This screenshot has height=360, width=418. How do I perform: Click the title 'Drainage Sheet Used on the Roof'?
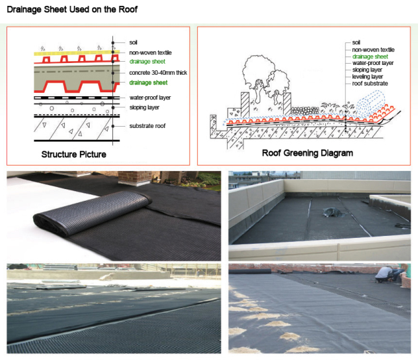pyautogui.click(x=72, y=10)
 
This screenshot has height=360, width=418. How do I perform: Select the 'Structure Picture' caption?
pyautogui.click(x=74, y=155)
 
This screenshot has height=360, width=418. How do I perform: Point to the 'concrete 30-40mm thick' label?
pyautogui.click(x=158, y=72)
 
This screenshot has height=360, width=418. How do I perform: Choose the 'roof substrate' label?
pyautogui.click(x=370, y=83)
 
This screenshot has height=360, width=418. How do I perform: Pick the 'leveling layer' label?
pyautogui.click(x=369, y=77)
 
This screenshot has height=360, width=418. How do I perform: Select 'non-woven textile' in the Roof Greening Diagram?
pyautogui.click(x=373, y=49)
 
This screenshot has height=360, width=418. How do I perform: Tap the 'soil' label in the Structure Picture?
pyautogui.click(x=133, y=42)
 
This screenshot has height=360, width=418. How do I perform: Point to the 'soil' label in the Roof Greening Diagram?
pyautogui.click(x=356, y=42)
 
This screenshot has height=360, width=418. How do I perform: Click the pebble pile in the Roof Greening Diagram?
pyautogui.click(x=302, y=111)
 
